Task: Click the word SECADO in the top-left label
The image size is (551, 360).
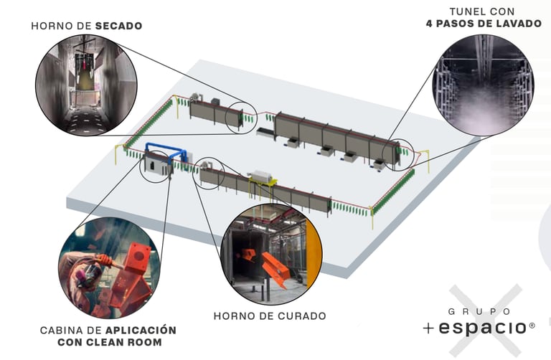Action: (x=118, y=26)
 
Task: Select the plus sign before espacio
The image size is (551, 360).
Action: (x=428, y=328)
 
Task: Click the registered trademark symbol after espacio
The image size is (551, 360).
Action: (x=532, y=326)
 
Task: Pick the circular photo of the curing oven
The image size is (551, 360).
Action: (x=271, y=254)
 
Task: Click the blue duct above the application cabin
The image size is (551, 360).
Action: (x=164, y=149)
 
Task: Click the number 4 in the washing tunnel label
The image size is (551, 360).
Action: (x=428, y=23)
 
